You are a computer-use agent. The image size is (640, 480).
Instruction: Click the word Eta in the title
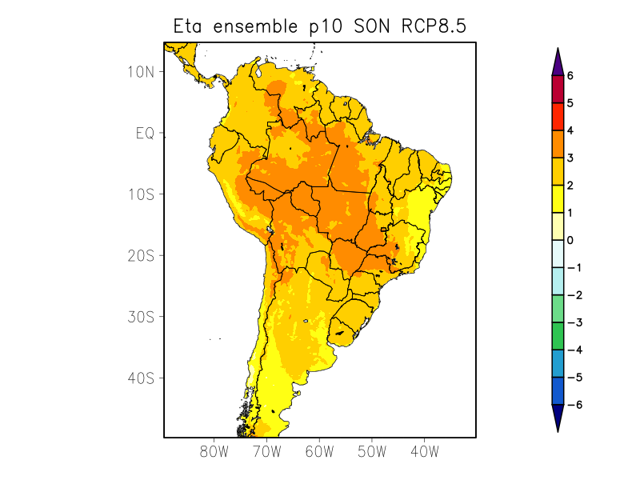(x=189, y=27)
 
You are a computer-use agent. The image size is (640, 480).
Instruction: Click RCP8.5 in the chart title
(x=433, y=27)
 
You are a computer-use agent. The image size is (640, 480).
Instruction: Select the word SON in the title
(x=372, y=27)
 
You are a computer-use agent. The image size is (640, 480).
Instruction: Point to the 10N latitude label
(x=140, y=71)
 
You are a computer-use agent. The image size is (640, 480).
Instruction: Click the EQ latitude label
(x=144, y=133)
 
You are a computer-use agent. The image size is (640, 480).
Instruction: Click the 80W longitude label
(x=214, y=451)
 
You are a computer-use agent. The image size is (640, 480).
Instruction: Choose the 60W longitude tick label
(x=319, y=451)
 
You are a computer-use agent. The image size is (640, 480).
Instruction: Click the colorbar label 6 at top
(x=570, y=76)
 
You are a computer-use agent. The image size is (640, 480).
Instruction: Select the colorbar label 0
(x=570, y=240)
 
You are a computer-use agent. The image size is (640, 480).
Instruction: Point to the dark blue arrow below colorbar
(x=558, y=418)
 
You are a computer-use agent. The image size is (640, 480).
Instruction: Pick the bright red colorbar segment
(x=558, y=117)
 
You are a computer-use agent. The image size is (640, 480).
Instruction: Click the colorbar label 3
(x=570, y=158)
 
